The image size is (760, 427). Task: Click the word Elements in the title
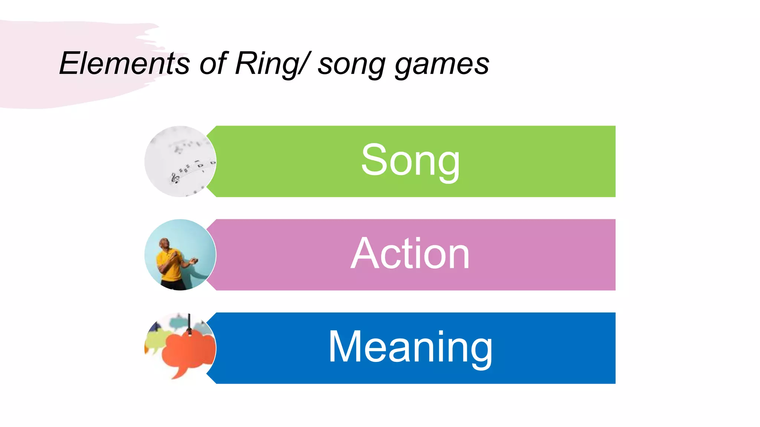point(124,64)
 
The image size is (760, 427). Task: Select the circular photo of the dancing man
point(180,255)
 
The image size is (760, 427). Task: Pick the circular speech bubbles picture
point(180,348)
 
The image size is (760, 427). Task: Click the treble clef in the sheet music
point(175,178)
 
